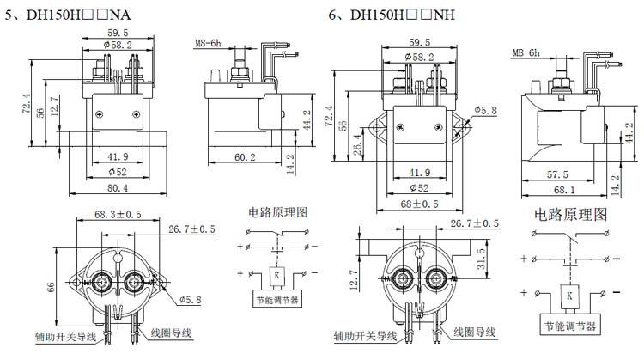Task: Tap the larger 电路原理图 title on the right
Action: pos(571,214)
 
